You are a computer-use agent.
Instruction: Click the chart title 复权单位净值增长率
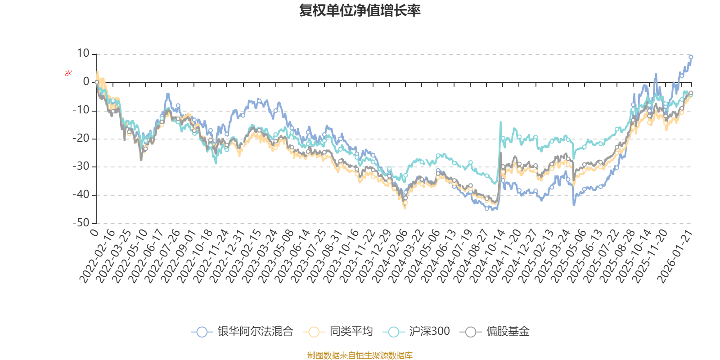click(360, 10)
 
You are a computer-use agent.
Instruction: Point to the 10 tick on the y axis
click(83, 54)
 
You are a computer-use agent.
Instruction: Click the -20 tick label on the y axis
click(81, 138)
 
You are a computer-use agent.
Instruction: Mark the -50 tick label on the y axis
click(81, 223)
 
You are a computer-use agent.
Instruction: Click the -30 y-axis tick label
click(81, 166)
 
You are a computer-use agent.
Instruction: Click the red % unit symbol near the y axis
click(68, 73)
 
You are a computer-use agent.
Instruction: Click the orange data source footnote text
click(360, 355)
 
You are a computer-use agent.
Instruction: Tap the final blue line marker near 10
click(691, 57)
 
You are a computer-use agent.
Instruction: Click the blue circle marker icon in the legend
click(202, 332)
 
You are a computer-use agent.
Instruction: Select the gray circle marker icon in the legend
click(471, 332)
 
